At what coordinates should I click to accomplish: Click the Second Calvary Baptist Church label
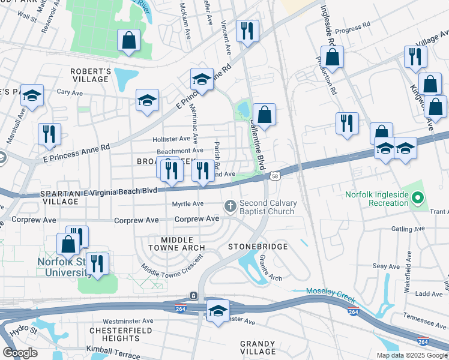pos(267,207)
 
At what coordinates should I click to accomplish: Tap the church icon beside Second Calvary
pos(230,207)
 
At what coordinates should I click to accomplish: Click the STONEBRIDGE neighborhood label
pos(258,247)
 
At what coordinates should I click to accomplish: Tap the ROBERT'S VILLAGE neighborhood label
pos(91,75)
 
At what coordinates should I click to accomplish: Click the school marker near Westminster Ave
pos(218,311)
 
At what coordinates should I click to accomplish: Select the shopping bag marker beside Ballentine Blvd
pos(264,112)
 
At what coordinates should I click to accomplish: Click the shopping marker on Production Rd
pos(332,58)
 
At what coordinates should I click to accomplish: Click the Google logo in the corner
pos(20,353)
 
